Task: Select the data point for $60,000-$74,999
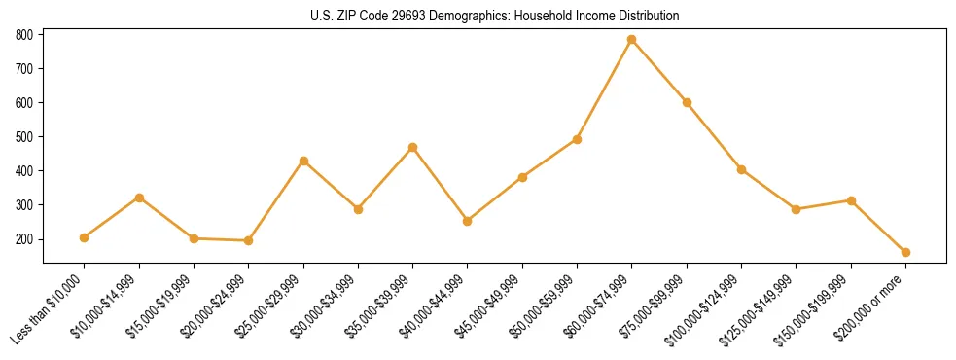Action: coord(632,40)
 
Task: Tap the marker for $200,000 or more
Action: coord(905,252)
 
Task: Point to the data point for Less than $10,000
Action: coord(85,237)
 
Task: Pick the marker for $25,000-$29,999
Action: coord(303,161)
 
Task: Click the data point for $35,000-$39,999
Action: coord(413,147)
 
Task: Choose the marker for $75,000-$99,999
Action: coord(687,102)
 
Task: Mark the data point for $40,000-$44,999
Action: coord(468,221)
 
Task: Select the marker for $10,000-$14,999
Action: coord(139,198)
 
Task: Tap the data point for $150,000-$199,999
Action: coord(851,200)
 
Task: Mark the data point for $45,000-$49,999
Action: coord(522,177)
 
